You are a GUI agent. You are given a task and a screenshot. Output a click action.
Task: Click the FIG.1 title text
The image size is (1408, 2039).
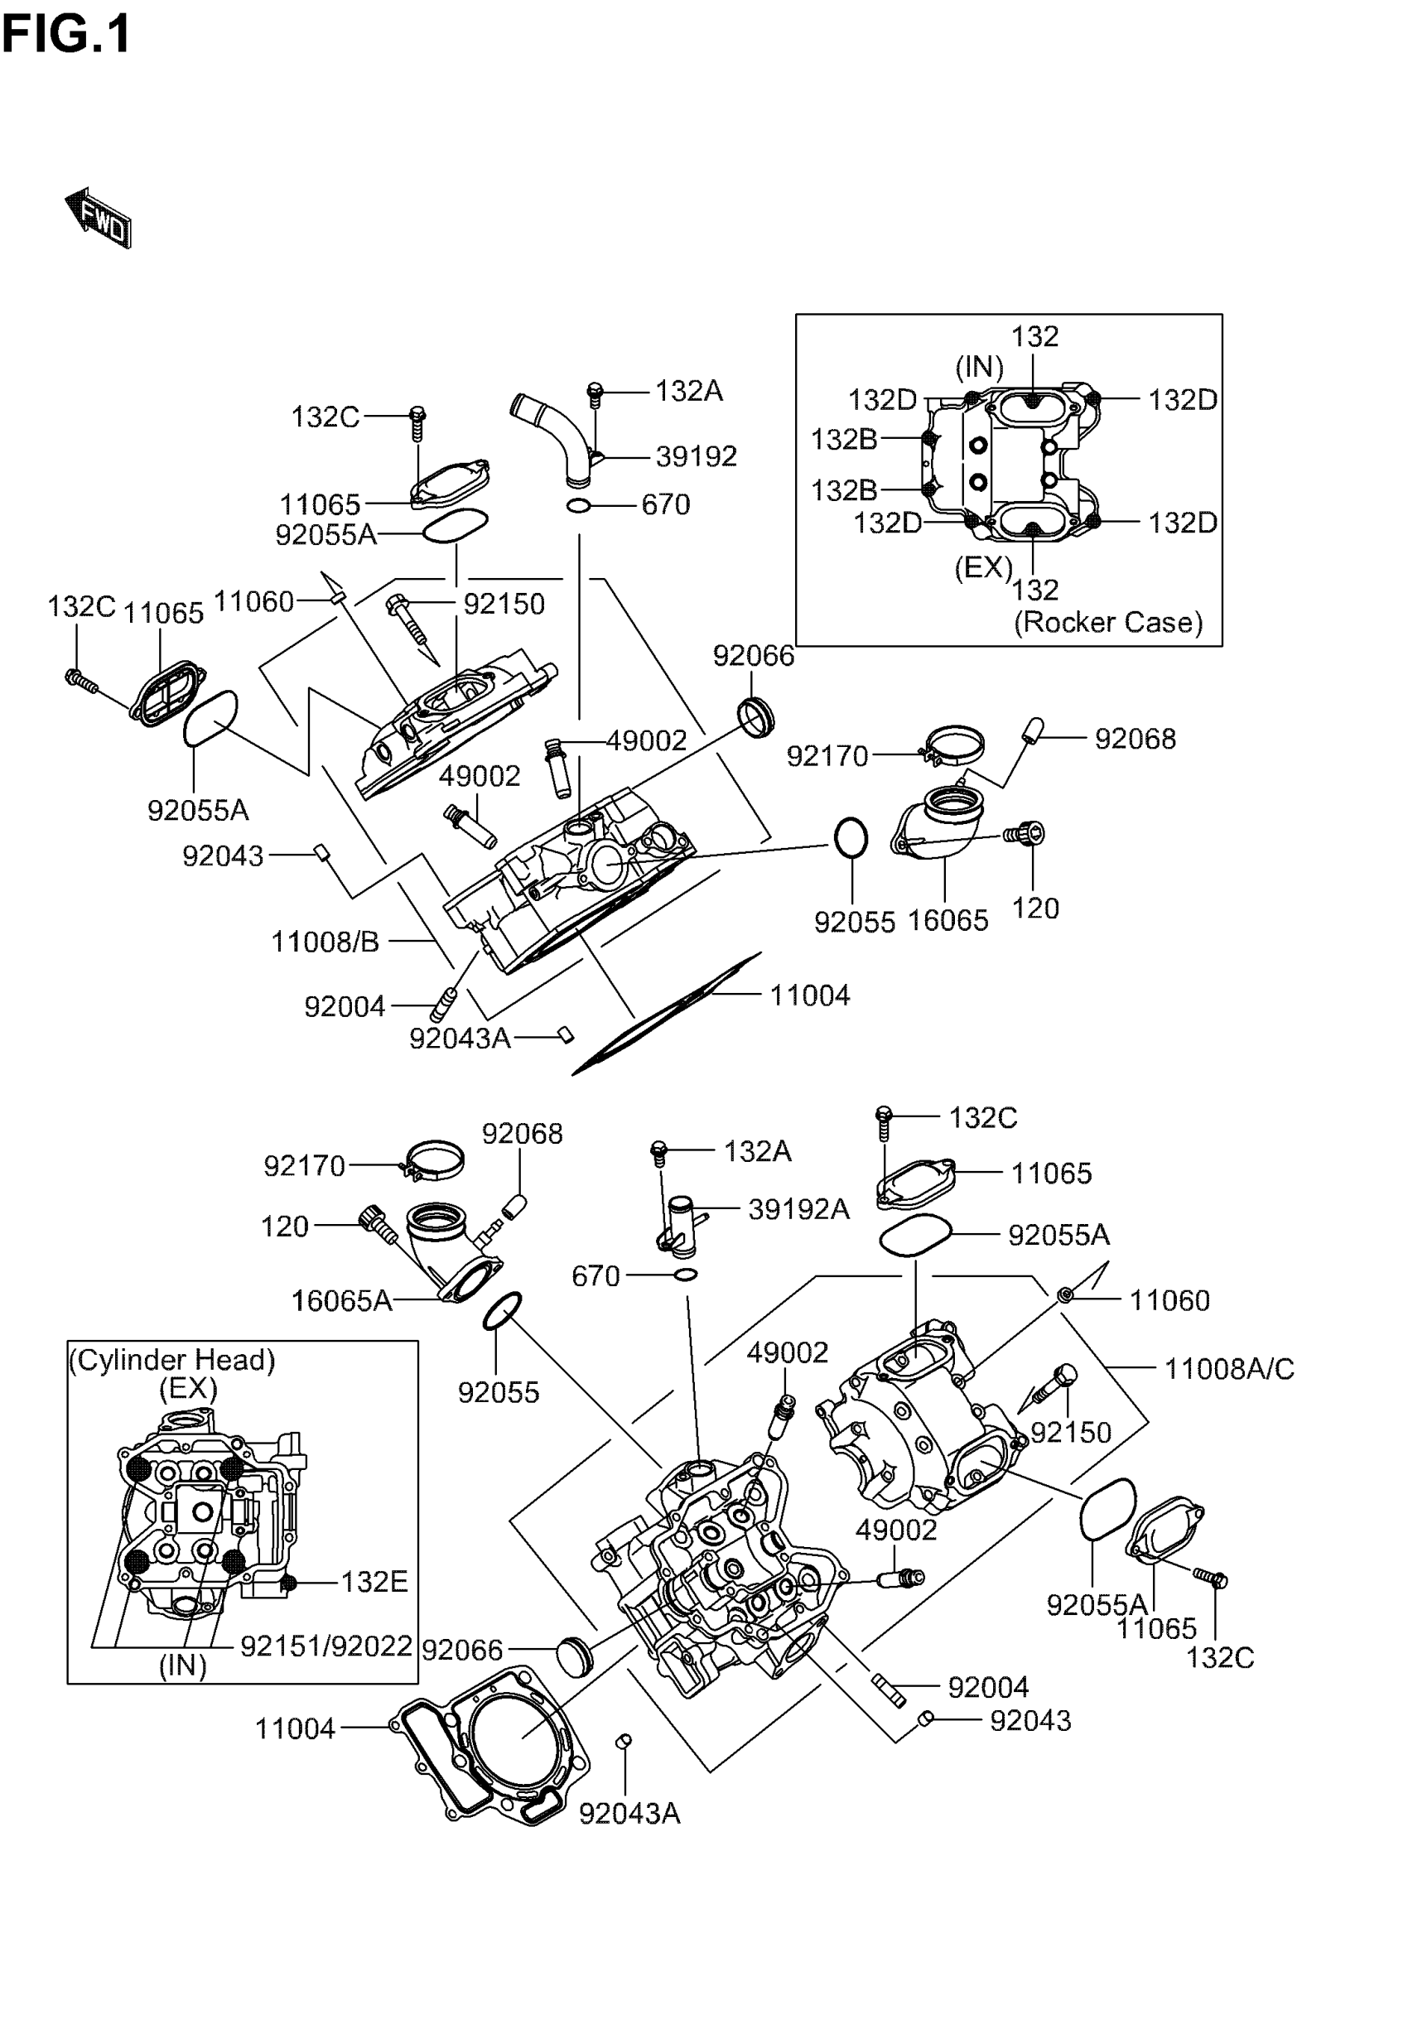tap(66, 36)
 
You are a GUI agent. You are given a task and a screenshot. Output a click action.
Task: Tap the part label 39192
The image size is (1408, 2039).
tap(696, 456)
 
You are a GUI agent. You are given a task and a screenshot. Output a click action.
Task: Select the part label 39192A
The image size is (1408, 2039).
tap(798, 1209)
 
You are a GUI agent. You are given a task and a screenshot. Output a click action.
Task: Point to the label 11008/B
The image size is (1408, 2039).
tap(325, 942)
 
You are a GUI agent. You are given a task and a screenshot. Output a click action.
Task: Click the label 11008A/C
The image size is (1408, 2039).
tap(1229, 1369)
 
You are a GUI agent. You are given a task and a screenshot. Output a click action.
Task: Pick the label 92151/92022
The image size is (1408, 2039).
tap(326, 1646)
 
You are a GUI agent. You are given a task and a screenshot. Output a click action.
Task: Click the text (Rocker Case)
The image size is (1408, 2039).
tap(1108, 623)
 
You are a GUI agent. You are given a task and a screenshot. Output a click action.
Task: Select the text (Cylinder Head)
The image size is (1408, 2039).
tap(172, 1360)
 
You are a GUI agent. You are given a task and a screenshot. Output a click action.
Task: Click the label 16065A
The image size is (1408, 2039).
tap(341, 1301)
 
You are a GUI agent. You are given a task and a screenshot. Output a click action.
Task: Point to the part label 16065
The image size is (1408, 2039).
tap(948, 921)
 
